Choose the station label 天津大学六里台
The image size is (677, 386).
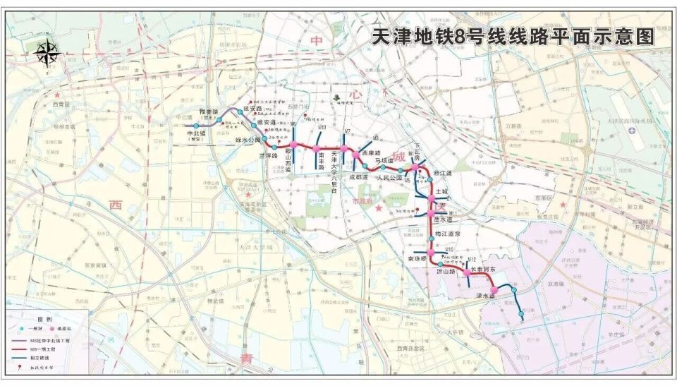(x=336, y=173)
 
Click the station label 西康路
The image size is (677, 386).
(x=370, y=152)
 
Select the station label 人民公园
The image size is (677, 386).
(x=389, y=178)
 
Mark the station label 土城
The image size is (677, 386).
(x=442, y=191)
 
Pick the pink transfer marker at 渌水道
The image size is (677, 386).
(x=495, y=290)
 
